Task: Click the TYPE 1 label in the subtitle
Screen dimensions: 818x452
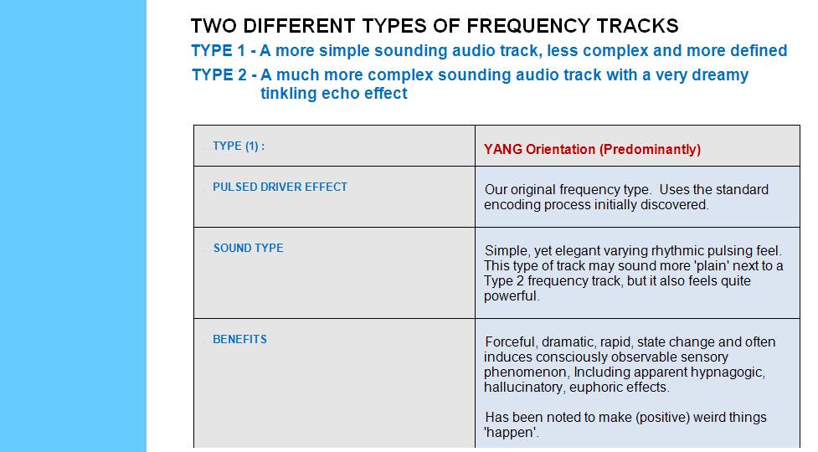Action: click(218, 50)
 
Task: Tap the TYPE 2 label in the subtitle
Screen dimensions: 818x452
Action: click(219, 74)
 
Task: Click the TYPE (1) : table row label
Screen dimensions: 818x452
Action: click(239, 146)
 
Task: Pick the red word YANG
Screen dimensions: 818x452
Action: click(503, 150)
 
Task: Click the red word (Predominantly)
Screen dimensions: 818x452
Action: click(650, 150)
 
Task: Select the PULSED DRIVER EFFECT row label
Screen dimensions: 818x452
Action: click(280, 187)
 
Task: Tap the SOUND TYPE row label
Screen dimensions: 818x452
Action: click(249, 248)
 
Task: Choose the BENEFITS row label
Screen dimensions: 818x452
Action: click(239, 339)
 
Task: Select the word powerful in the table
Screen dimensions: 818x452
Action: click(512, 296)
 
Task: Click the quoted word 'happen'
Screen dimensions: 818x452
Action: click(512, 433)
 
